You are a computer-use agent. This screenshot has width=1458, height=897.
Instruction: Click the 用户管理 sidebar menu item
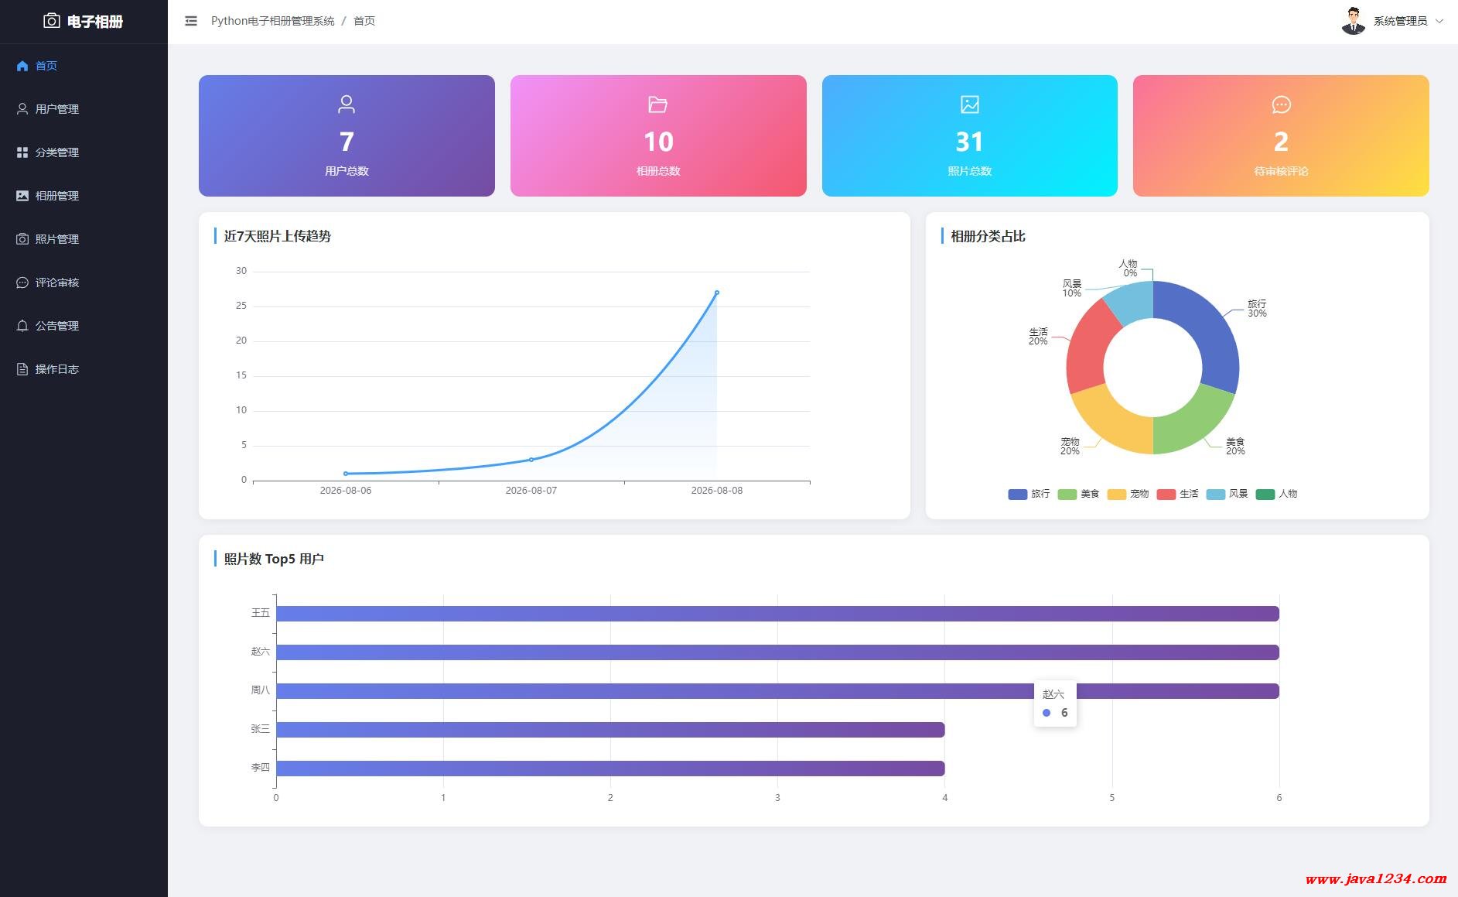48,109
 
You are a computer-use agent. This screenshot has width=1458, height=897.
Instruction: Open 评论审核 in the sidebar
48,282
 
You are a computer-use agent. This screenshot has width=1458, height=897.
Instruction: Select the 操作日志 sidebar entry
48,369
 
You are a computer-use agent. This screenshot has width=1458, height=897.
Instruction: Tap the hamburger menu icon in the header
191,21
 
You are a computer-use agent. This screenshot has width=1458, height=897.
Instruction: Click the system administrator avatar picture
1353,21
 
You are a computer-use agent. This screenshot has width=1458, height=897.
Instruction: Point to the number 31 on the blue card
969,142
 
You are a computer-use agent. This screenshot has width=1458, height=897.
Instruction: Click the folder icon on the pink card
657,104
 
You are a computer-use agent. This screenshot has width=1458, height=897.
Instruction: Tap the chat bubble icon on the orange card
1281,104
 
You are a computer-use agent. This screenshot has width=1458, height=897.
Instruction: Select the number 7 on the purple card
347,142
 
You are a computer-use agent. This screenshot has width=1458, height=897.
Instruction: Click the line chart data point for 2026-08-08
717,293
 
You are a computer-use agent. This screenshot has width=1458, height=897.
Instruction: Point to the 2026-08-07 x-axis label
531,491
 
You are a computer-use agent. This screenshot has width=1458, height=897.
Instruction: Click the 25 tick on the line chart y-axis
241,306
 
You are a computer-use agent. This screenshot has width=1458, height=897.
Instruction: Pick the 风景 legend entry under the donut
1228,494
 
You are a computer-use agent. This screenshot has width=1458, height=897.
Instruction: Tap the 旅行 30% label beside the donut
1257,308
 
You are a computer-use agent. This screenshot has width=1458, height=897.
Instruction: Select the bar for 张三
610,730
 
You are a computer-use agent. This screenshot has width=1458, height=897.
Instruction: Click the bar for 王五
777,614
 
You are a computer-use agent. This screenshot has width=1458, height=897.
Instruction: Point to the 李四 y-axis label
261,768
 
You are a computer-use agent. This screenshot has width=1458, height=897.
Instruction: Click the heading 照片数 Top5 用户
274,559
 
